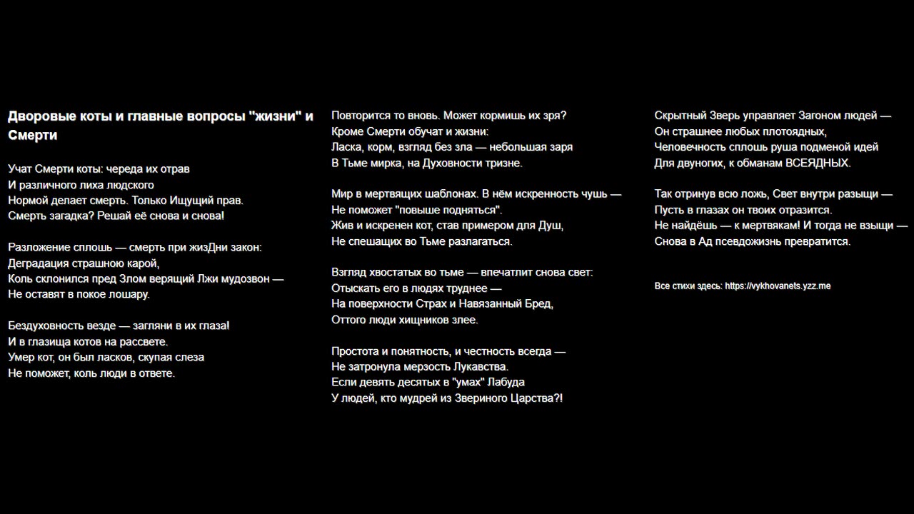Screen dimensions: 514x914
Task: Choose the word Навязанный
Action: (491, 303)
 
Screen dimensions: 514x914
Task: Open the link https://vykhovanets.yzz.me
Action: (778, 286)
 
